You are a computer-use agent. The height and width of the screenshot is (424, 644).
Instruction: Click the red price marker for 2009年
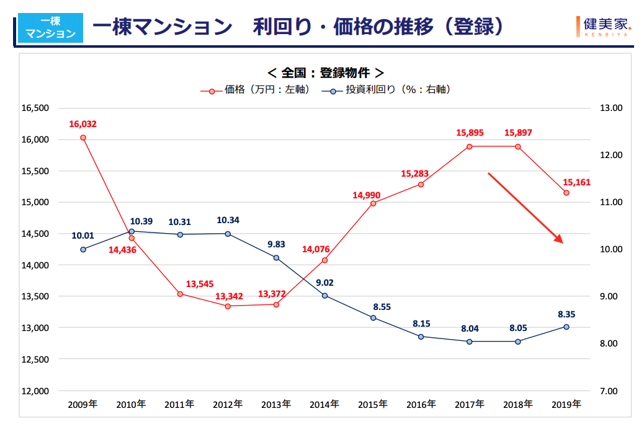(x=83, y=138)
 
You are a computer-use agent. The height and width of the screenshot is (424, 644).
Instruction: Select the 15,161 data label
(x=576, y=182)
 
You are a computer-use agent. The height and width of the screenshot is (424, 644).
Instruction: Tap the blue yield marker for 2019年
(x=566, y=327)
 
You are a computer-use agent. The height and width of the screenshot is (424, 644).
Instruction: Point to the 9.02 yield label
(x=324, y=283)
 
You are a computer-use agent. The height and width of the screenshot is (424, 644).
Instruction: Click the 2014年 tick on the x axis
(x=324, y=404)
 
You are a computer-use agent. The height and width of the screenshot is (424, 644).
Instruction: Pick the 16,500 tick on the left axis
(x=35, y=108)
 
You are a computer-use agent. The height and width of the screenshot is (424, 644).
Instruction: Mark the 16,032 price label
(x=83, y=124)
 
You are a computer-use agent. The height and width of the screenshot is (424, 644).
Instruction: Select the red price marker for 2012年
(x=228, y=306)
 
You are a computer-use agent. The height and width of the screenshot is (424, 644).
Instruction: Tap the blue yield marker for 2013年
(x=276, y=257)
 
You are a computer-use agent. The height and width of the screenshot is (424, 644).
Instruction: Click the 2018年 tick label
(x=518, y=404)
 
